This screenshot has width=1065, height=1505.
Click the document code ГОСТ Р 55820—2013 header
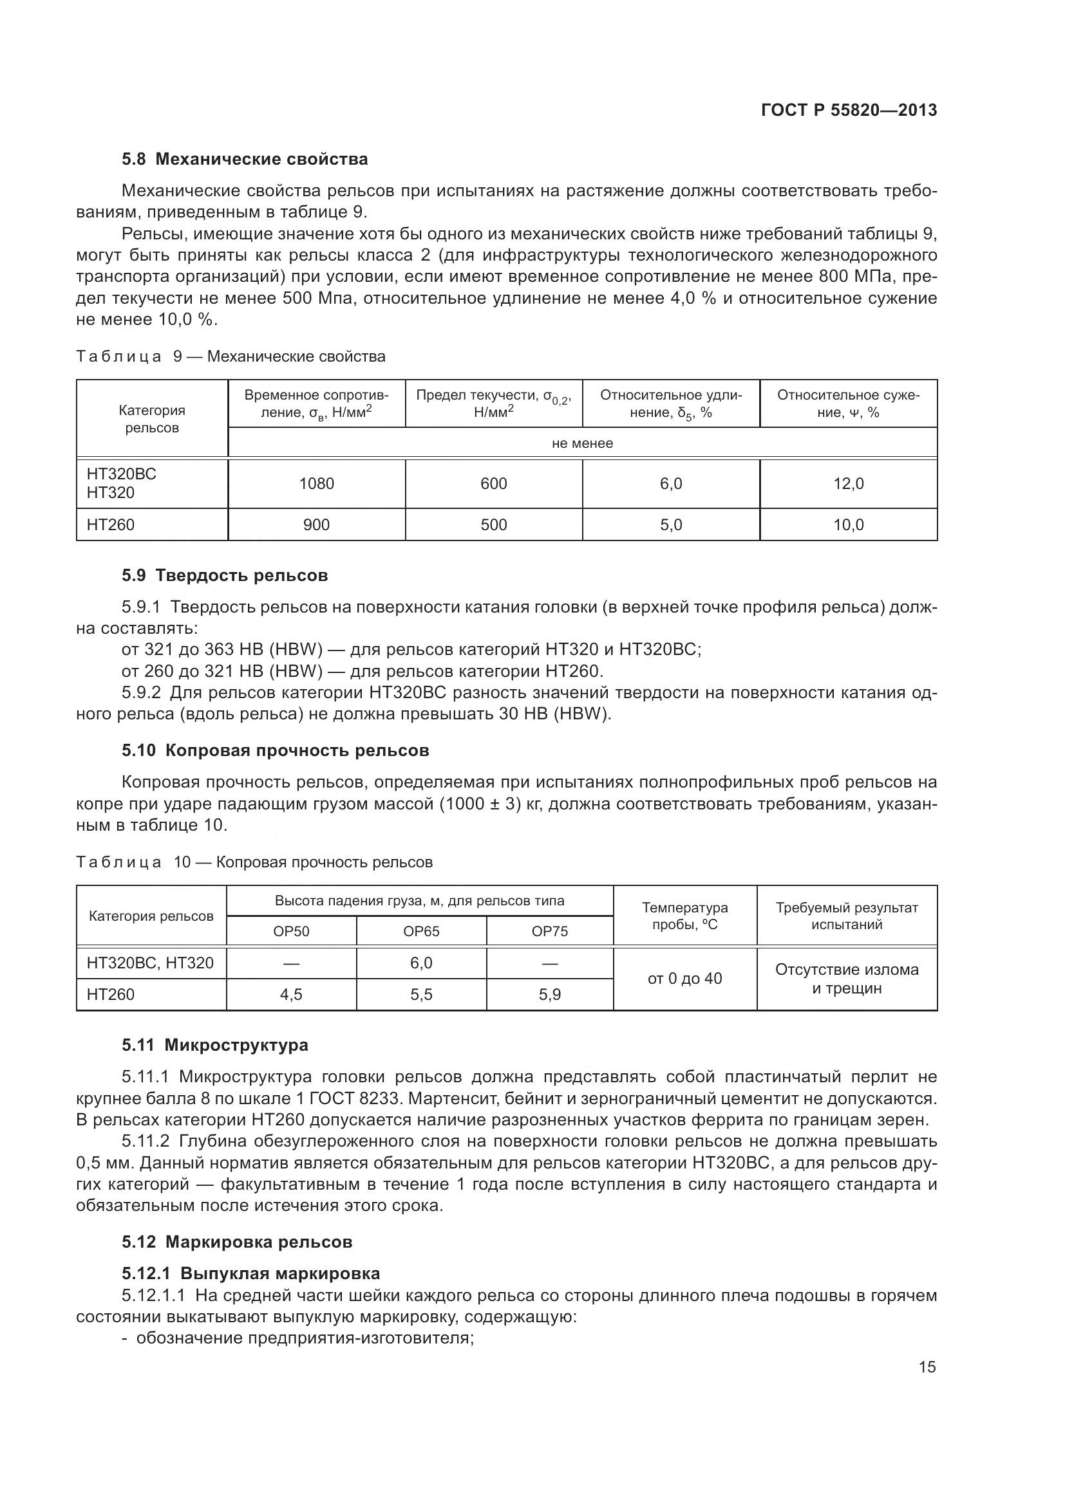849,110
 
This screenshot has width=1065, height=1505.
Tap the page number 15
927,1367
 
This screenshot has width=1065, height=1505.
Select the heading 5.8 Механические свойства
245,160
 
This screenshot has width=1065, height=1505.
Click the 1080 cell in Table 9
316,484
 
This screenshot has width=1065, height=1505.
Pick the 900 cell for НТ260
316,524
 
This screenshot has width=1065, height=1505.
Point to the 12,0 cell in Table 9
848,484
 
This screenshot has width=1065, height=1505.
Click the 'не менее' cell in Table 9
581,443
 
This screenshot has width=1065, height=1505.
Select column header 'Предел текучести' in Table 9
493,403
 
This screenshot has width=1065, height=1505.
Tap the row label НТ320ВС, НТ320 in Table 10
150,963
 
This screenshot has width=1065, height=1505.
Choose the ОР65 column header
421,932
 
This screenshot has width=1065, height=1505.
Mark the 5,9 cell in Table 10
549,994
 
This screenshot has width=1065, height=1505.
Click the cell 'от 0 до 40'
684,979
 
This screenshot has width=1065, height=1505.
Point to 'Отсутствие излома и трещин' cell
847,979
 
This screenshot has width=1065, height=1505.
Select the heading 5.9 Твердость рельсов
224,575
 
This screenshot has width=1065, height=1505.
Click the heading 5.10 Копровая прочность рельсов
275,750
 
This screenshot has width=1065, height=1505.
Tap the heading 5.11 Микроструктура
214,1045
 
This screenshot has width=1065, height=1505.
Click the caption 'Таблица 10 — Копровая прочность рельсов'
254,862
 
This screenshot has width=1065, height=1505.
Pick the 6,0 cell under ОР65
421,963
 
